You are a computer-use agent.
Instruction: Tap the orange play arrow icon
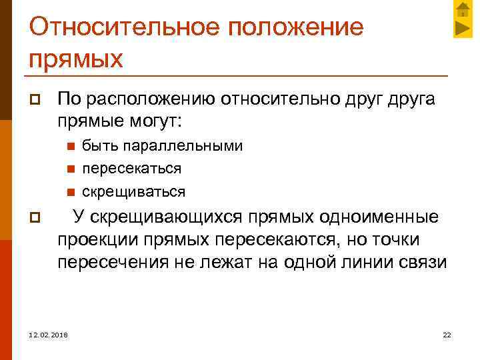(462, 29)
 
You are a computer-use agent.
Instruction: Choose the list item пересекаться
(131, 169)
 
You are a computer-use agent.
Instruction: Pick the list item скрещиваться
(133, 192)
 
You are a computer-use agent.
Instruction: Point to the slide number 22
(447, 334)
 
